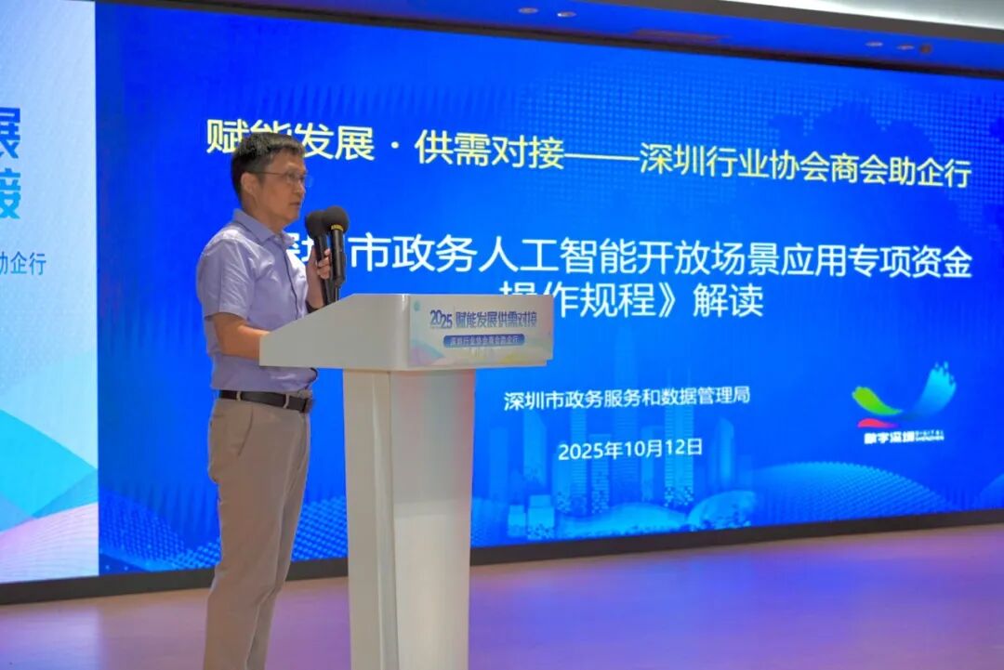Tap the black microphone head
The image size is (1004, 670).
click(335, 221)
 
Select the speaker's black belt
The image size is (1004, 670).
click(265, 400)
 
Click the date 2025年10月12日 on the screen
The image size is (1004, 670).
click(629, 449)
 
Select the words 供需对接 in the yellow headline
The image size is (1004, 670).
click(489, 149)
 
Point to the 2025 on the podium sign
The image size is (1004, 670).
click(441, 319)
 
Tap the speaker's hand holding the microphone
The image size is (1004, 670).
click(322, 266)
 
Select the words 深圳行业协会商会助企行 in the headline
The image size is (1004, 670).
click(805, 168)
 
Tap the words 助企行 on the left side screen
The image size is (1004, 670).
click(22, 263)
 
